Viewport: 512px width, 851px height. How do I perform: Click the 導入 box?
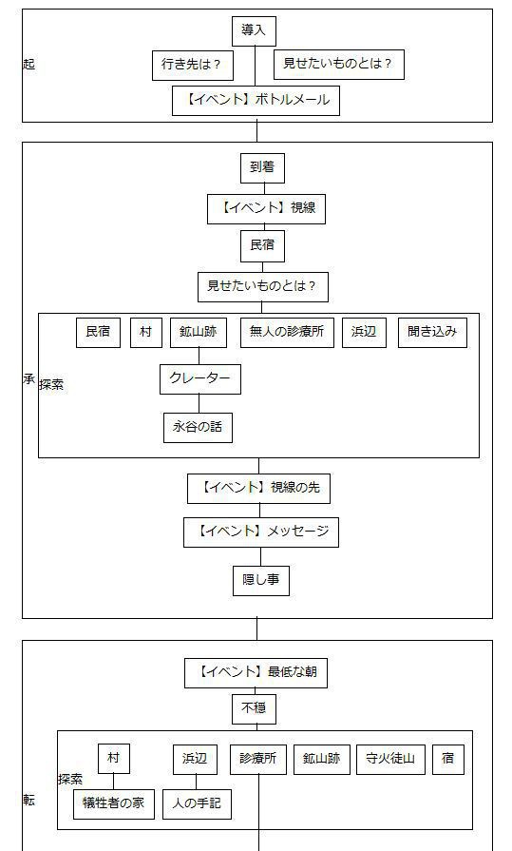(254, 30)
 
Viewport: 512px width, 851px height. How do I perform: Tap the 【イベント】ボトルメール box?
(256, 100)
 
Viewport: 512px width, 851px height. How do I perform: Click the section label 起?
(28, 65)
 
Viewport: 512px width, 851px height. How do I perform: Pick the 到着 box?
(261, 168)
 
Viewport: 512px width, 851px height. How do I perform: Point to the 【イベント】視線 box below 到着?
(266, 209)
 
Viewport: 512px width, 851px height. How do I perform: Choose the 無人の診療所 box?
(287, 332)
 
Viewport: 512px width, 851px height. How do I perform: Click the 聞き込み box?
(432, 332)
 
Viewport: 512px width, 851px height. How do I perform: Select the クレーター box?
(199, 378)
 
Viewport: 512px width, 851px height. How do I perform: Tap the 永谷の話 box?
(198, 427)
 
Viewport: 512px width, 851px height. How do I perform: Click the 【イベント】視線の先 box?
(259, 488)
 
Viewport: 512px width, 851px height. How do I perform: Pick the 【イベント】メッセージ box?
(260, 532)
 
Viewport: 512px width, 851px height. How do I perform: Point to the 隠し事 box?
(260, 580)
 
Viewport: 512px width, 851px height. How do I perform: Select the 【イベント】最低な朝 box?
(256, 672)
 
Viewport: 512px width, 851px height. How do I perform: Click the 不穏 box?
(254, 708)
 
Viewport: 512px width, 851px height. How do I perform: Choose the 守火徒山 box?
(390, 759)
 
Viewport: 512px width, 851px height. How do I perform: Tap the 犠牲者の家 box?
(113, 803)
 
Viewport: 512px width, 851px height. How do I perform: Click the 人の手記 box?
(197, 803)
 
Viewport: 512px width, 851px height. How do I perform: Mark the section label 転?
(28, 801)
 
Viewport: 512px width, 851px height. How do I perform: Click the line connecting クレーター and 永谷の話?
(199, 403)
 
